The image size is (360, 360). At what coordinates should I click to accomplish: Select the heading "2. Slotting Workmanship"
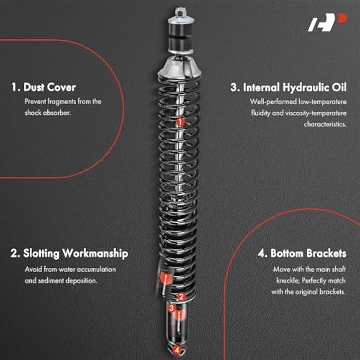69,254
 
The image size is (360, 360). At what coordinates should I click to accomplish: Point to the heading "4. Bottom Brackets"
302,254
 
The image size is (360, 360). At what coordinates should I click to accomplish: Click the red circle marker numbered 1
180,122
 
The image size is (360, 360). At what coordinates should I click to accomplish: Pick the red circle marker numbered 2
181,297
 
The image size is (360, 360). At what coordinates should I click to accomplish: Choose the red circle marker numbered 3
172,308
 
